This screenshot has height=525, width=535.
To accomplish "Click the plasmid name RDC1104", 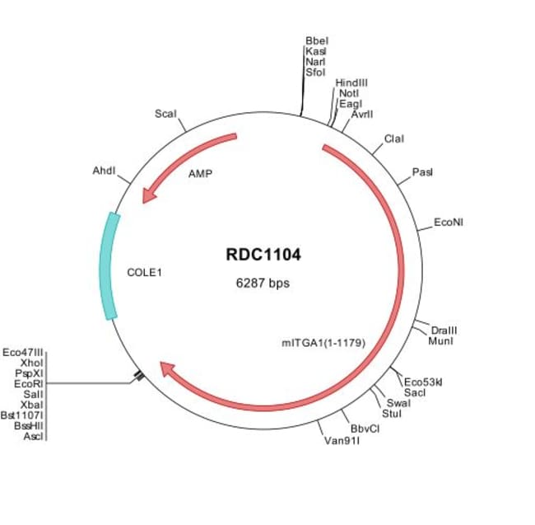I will point(263,255).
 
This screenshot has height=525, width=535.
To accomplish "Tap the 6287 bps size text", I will point(263,283).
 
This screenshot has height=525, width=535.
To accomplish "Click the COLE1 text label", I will point(145,271).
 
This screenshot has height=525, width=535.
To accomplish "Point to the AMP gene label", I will point(200,175).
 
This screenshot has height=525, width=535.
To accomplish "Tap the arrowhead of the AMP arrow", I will point(148,196).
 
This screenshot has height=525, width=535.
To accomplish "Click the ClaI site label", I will point(394,138).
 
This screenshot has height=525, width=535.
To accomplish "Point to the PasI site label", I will point(422,172).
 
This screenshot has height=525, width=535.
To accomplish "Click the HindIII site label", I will point(351,83).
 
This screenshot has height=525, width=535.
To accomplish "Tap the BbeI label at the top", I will point(316,40).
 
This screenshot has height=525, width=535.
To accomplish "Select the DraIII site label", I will point(444,330).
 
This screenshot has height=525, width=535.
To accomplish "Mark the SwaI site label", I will point(398,402).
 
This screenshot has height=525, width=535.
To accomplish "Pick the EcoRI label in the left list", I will point(29,383).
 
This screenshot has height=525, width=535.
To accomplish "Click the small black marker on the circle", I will point(139,376).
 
